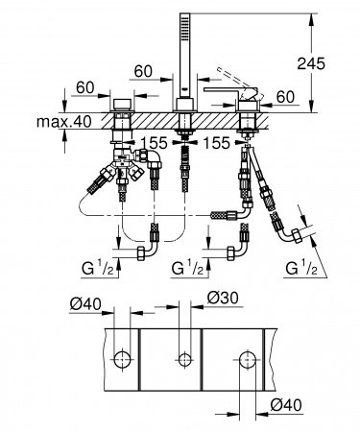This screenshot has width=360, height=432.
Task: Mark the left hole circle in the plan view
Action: [x=123, y=361]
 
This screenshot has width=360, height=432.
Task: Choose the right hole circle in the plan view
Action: [x=247, y=361]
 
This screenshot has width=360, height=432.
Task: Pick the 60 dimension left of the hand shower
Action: [x=145, y=70]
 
